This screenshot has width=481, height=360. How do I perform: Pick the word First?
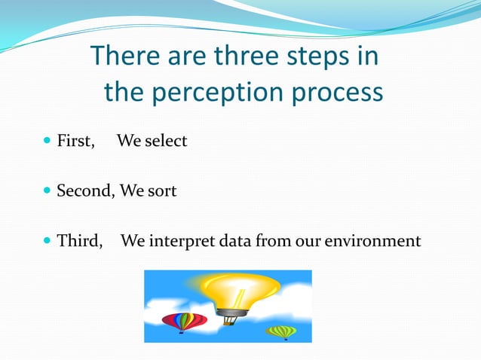tap(75, 141)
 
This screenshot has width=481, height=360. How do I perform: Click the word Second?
tap(84, 191)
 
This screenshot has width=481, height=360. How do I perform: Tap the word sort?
tap(162, 191)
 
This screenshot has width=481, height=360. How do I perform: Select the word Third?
tap(79, 242)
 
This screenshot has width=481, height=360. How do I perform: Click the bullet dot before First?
tap(47, 141)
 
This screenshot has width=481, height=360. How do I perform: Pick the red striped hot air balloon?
tap(184, 321)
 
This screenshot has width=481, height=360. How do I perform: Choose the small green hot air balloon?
tap(281, 331)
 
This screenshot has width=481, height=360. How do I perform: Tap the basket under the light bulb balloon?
tap(230, 321)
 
